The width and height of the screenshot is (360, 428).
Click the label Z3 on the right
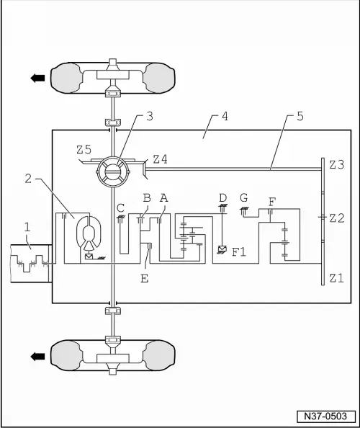(x=337, y=165)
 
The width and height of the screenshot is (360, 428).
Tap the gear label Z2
(x=337, y=218)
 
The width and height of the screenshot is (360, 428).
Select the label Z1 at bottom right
(x=337, y=277)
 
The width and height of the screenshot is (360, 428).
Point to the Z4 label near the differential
(x=160, y=159)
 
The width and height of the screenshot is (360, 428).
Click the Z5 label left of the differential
(x=84, y=151)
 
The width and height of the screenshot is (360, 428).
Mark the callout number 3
(x=148, y=115)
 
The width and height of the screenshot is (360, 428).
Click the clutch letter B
(x=146, y=197)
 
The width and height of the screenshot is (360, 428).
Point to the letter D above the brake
(x=223, y=197)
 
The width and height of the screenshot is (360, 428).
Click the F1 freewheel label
(x=239, y=252)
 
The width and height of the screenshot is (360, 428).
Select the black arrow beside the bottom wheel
(x=36, y=354)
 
